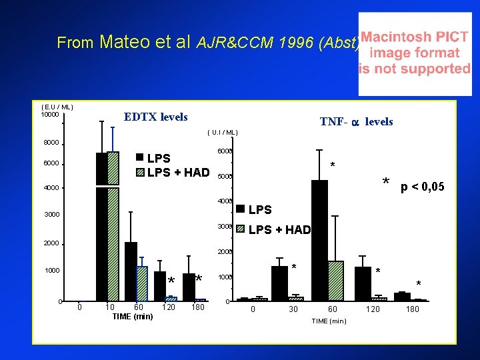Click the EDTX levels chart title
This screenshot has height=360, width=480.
156,117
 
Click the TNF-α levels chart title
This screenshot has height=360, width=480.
356,121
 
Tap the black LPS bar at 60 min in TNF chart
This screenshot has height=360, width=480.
320,240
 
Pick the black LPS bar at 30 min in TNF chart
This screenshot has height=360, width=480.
279,283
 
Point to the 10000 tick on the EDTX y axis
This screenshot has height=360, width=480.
50,115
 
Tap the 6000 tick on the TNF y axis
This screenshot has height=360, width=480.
225,151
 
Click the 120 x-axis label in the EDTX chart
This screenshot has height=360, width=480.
169,307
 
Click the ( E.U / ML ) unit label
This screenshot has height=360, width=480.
57,107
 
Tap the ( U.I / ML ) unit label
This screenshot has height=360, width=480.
223,132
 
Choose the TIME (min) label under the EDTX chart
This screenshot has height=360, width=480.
133,316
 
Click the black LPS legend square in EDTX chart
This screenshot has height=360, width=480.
139,158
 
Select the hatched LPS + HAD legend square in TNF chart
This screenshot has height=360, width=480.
240,229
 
